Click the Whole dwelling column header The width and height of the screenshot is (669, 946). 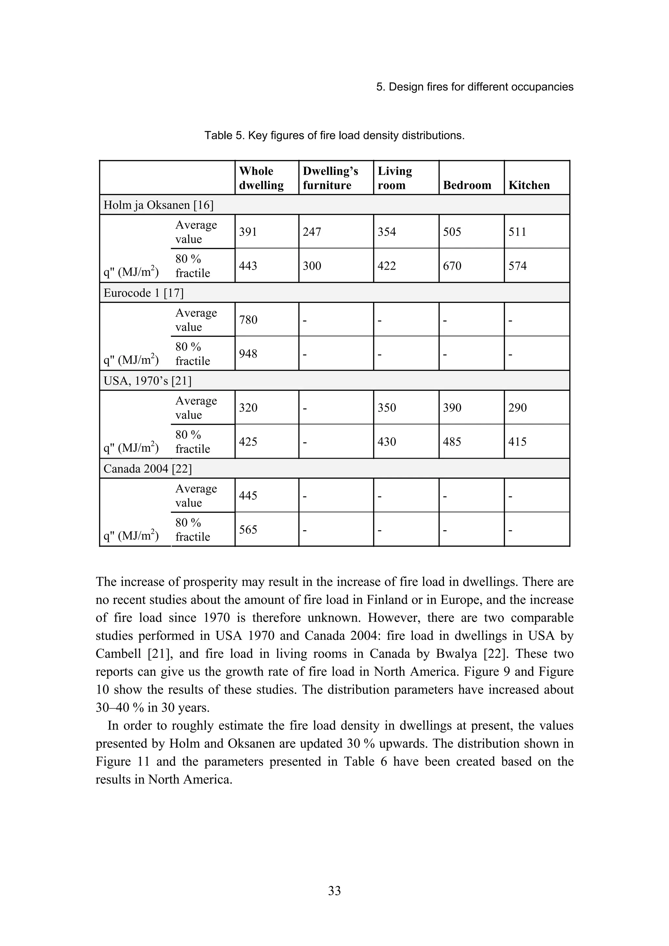click(x=261, y=178)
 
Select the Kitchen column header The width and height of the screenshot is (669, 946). click(x=529, y=185)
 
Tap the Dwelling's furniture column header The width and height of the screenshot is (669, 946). click(x=330, y=178)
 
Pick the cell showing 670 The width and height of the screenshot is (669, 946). click(x=452, y=266)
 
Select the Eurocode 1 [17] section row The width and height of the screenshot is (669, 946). click(x=143, y=293)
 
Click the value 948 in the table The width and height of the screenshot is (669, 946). click(x=248, y=354)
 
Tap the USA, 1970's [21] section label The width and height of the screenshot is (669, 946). click(x=148, y=381)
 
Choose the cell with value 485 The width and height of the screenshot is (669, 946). click(x=452, y=442)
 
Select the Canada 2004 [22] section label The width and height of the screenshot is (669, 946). click(x=148, y=468)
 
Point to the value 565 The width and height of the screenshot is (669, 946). click(x=248, y=529)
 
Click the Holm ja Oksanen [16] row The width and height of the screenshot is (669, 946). click(x=158, y=205)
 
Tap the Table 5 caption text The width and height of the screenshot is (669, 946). click(x=334, y=135)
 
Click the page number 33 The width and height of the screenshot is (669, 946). click(x=334, y=891)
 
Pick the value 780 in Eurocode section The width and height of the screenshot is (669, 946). click(x=248, y=320)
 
